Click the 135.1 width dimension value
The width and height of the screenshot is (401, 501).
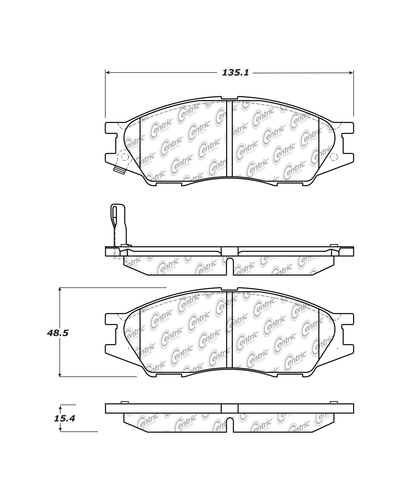coord(235,73)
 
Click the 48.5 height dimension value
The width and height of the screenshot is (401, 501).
coord(58,333)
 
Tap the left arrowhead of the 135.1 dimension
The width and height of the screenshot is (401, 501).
coord(107,73)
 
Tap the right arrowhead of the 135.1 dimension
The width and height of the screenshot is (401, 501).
coord(351,73)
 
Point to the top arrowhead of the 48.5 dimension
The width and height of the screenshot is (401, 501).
coord(60,290)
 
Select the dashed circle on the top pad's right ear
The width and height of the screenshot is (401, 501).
coord(334,157)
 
